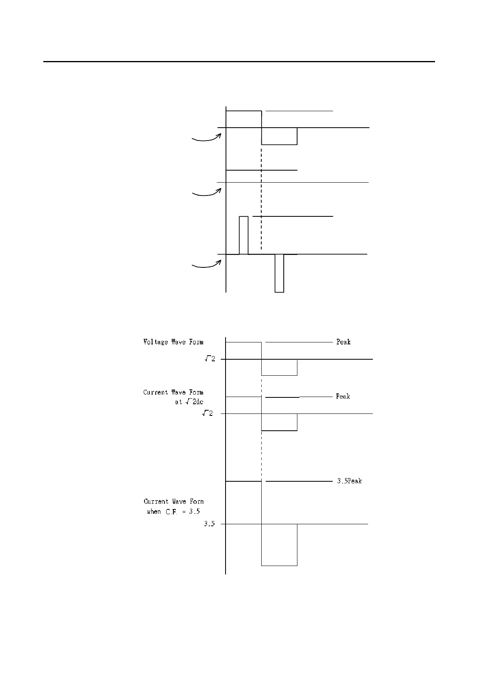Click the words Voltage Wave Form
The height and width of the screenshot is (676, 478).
173,342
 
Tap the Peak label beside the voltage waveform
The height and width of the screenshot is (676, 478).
343,342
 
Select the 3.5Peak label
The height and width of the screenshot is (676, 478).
349,481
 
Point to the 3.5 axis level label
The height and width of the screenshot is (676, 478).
209,524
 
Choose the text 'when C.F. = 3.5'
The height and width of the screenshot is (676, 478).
173,511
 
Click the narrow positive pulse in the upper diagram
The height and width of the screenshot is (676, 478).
244,235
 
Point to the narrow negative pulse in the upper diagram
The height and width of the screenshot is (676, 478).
279,273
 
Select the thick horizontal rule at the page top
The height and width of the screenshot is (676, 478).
239,62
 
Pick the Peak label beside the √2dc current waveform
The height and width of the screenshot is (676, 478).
343,397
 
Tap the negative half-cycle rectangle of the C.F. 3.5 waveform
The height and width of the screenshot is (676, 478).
279,544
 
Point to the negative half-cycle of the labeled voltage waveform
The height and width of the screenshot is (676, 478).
279,367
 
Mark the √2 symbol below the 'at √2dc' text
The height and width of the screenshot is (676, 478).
207,413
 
